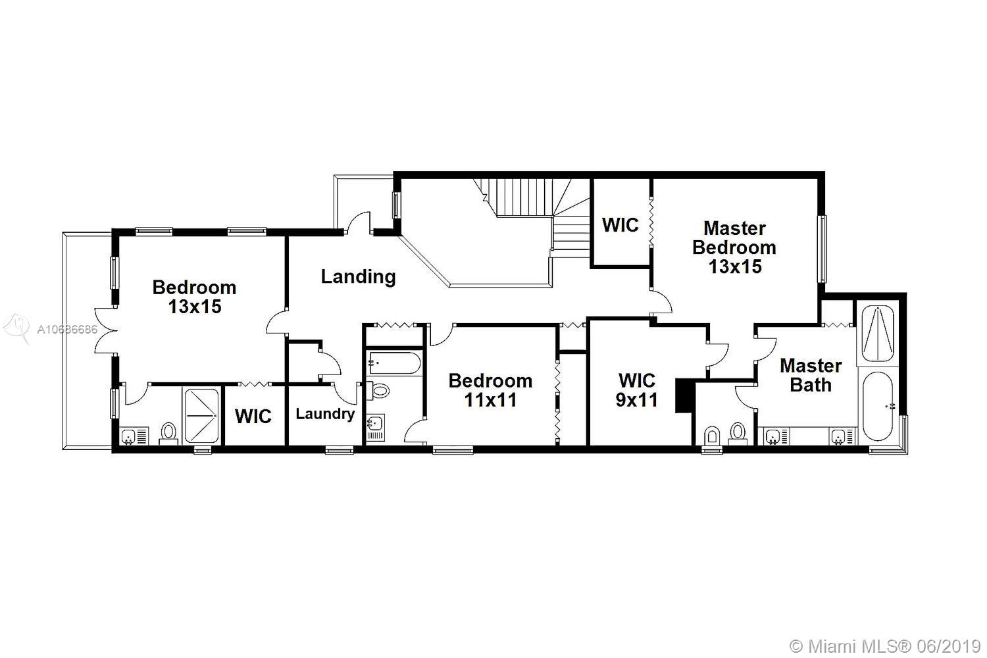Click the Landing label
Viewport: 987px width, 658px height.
tap(358, 277)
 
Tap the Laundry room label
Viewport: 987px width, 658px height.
tap(325, 415)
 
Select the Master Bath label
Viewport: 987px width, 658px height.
tap(811, 375)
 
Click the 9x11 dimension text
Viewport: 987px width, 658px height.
tap(637, 400)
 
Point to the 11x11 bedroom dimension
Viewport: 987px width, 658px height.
tap(490, 400)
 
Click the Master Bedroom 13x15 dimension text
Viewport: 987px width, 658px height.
tap(735, 266)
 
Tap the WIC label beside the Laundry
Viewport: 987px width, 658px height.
tap(253, 416)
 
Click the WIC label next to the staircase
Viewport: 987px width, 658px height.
tap(620, 225)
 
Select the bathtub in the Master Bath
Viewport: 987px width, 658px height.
tap(878, 406)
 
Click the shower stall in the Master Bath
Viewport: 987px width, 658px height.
tap(878, 334)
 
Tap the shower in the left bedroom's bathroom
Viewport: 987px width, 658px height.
tap(201, 416)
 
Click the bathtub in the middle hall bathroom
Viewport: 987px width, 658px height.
tap(394, 363)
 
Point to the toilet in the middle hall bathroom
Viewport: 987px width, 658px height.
tap(378, 390)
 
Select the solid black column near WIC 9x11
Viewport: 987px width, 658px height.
tap(684, 395)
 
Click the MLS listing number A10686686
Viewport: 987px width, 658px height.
tap(67, 329)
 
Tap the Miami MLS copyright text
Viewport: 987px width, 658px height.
tap(885, 646)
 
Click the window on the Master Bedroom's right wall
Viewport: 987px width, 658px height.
tap(822, 249)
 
